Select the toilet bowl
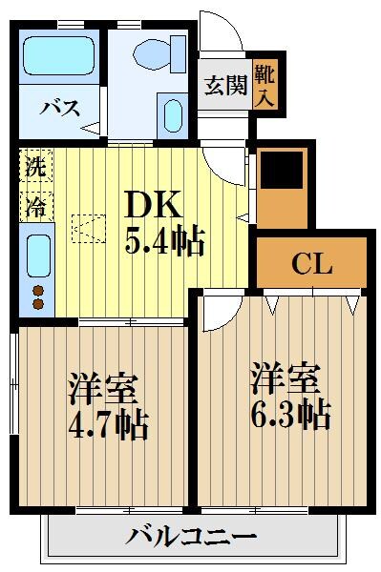click(159, 52)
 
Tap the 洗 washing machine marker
click(35, 165)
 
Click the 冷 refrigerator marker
click(35, 202)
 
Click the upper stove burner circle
click(39, 290)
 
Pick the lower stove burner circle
click(39, 304)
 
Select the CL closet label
click(311, 263)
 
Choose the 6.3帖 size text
click(291, 413)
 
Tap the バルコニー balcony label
click(192, 536)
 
